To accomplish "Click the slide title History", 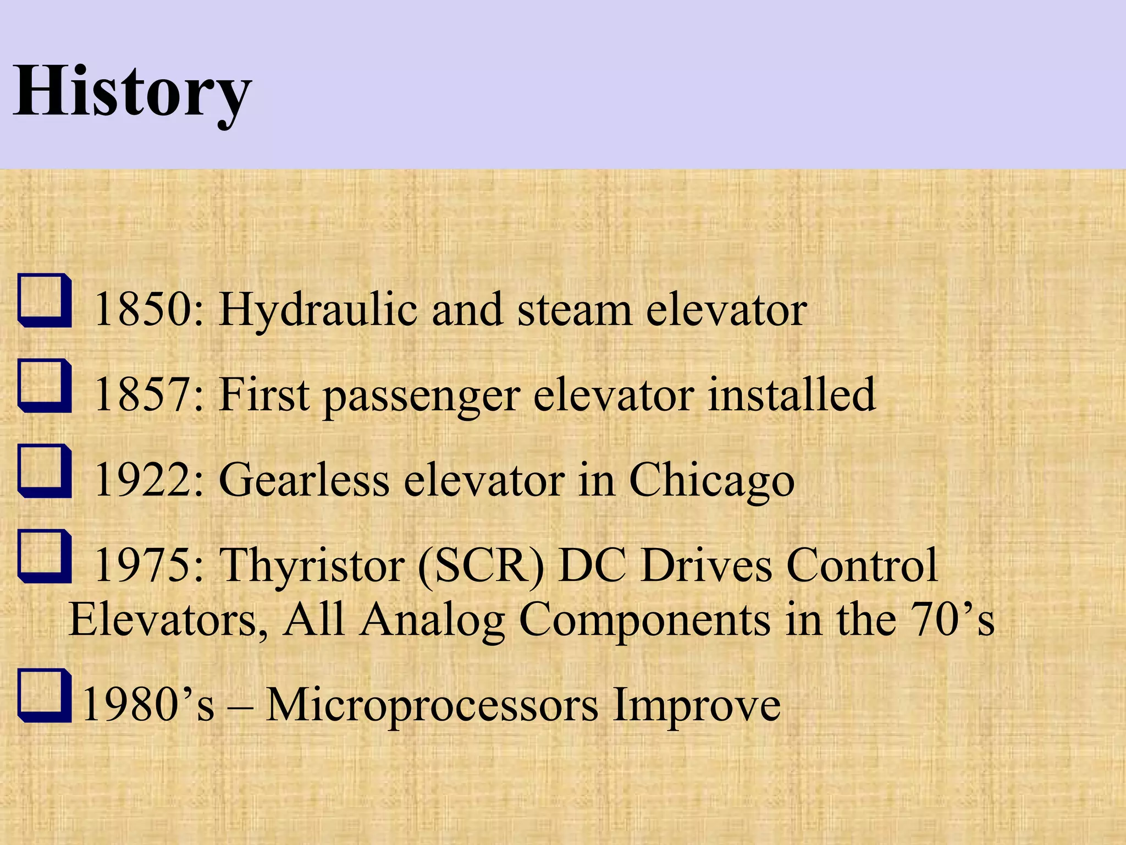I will click(x=132, y=91).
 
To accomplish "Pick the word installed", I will click(x=791, y=394).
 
